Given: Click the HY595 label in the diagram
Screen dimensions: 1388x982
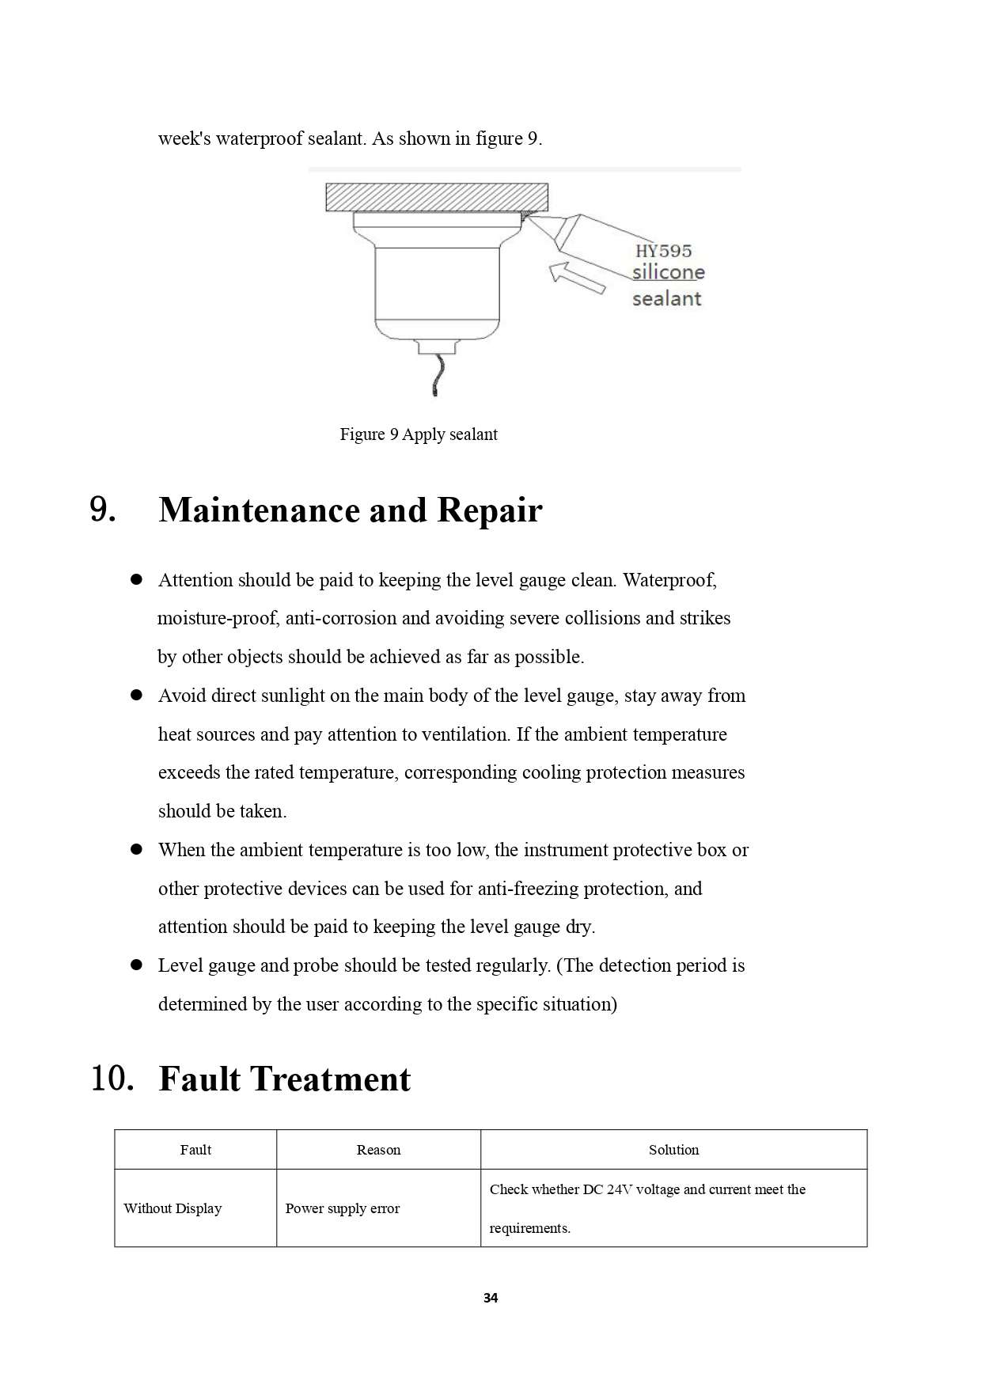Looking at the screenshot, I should tap(663, 251).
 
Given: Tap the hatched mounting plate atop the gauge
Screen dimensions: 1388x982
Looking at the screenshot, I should tap(436, 197).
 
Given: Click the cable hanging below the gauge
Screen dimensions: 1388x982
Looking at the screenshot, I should tap(438, 376).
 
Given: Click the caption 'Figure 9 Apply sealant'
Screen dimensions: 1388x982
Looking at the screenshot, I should tap(419, 434).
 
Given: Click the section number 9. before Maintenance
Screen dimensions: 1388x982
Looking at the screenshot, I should tap(103, 510).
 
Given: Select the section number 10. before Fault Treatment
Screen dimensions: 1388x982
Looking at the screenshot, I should tap(112, 1079).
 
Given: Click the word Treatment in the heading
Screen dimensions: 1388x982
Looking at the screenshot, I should tap(330, 1079).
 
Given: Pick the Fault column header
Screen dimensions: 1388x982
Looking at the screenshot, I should tap(195, 1150).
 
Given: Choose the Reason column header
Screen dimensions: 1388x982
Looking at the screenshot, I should tap(378, 1150).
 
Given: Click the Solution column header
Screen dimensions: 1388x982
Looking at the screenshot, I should tap(673, 1150).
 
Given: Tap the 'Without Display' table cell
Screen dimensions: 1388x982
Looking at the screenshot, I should tap(173, 1208).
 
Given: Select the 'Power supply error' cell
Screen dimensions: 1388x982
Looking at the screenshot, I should tap(342, 1208).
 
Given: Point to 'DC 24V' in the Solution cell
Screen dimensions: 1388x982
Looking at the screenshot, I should tap(607, 1189).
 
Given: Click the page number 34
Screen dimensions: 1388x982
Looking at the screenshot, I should tap(491, 1298).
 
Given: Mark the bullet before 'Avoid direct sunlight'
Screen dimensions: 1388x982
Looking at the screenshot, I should tap(136, 696).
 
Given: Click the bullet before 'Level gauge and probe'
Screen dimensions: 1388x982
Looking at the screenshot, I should tap(136, 965).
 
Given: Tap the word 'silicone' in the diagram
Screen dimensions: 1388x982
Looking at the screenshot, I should tap(668, 272).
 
